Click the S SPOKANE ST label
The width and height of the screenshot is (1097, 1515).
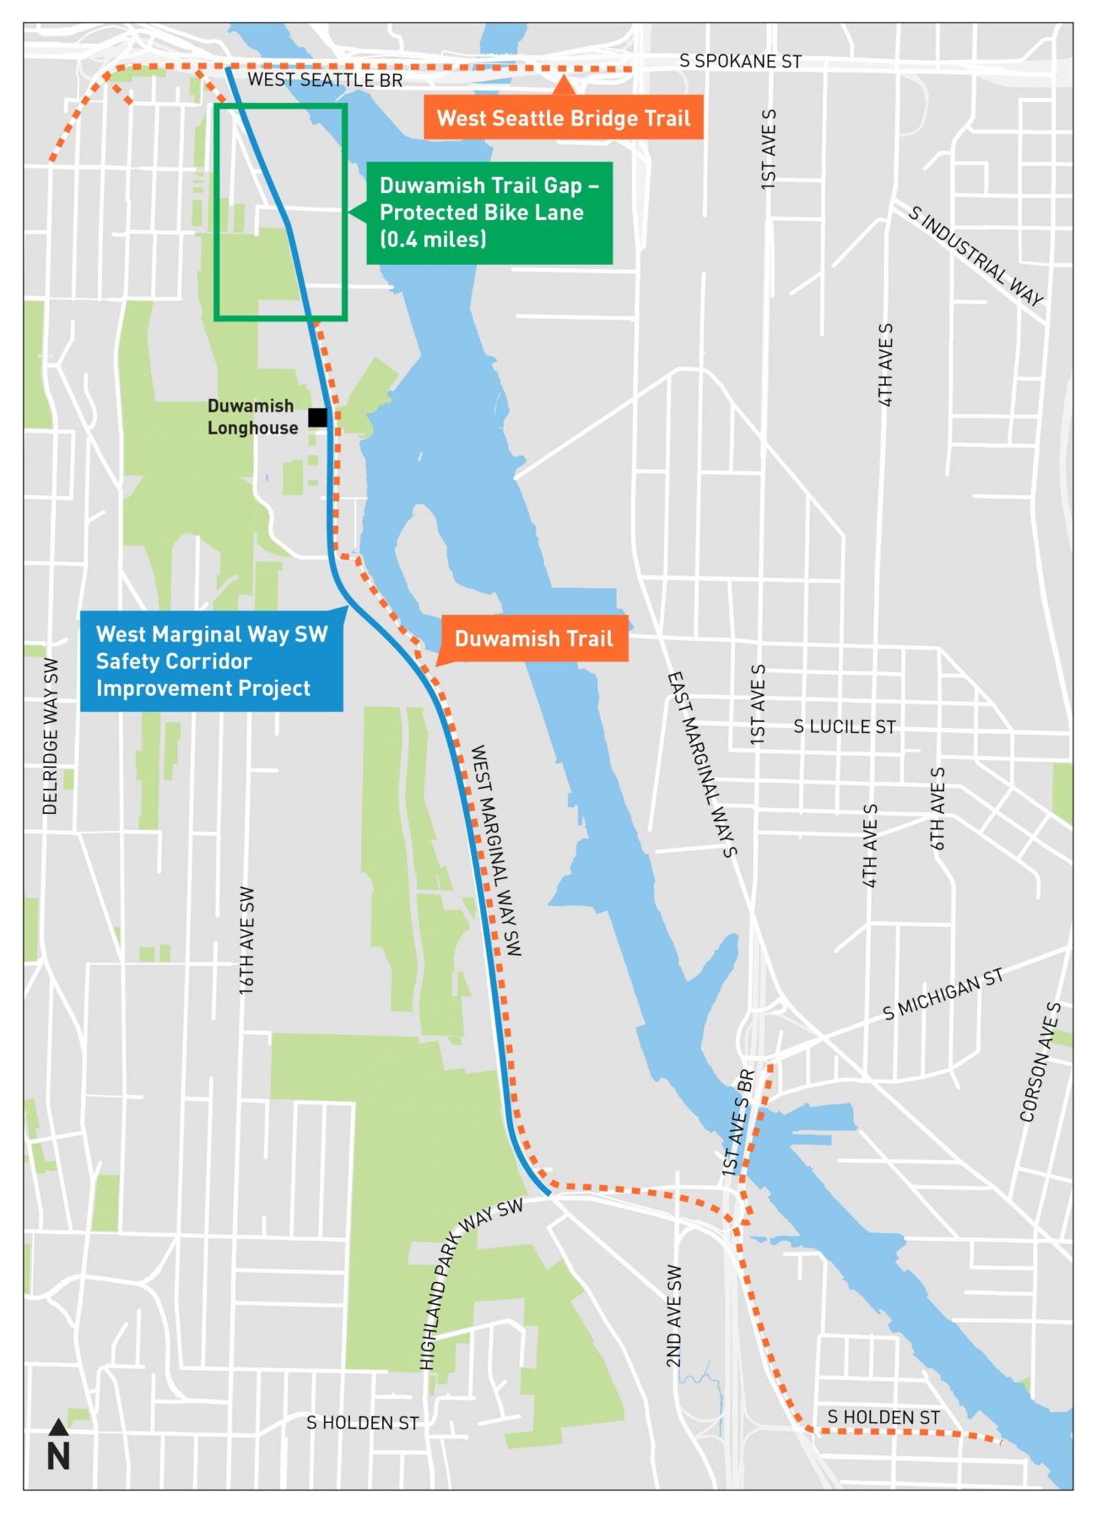click(x=740, y=62)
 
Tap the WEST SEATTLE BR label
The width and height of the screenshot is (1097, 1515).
click(x=325, y=80)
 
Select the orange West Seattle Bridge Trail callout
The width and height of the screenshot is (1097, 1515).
click(x=564, y=118)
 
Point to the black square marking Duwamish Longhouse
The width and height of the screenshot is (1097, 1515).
click(x=317, y=418)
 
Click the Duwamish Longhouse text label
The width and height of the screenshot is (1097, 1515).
click(x=252, y=417)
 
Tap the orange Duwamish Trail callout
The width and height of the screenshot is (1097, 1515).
click(x=533, y=639)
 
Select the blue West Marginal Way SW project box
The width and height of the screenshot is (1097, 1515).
click(x=211, y=661)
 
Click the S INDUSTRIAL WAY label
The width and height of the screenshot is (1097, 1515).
click(x=976, y=256)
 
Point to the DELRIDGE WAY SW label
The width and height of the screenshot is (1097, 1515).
click(x=51, y=736)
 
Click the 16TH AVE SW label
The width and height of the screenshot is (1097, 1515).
click(x=246, y=940)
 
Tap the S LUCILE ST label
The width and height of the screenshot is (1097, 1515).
click(x=844, y=726)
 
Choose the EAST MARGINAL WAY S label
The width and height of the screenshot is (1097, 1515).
click(x=702, y=764)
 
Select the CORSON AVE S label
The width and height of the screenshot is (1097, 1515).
click(x=1040, y=1062)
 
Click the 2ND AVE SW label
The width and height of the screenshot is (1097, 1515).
click(x=673, y=1316)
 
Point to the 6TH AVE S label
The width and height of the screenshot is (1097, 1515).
click(x=938, y=808)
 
